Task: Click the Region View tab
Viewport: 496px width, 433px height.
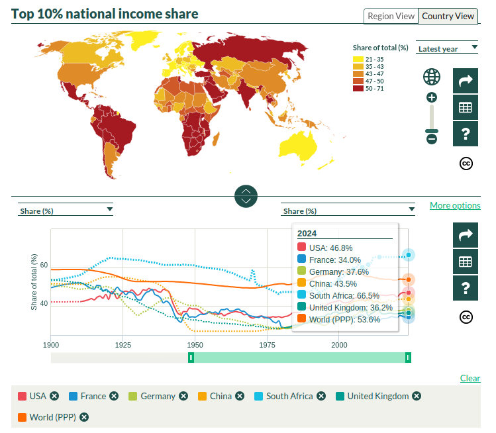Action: click(391, 16)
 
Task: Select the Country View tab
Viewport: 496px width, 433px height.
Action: click(448, 16)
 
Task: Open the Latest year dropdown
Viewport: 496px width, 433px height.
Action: click(447, 48)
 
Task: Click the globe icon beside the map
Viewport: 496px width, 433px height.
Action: click(432, 77)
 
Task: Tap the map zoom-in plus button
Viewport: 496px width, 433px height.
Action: click(432, 97)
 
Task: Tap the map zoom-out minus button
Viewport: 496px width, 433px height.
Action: click(432, 138)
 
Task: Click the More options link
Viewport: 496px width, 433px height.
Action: click(455, 205)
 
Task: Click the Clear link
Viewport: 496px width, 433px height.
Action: click(470, 378)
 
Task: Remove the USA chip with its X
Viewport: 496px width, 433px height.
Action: click(54, 396)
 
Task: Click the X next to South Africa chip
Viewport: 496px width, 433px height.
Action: click(321, 396)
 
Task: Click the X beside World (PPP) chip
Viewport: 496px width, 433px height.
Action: click(84, 417)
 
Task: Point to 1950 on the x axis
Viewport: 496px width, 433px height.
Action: click(195, 345)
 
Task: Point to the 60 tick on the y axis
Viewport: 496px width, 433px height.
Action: click(44, 265)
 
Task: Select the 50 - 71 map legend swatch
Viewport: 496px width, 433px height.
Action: click(358, 88)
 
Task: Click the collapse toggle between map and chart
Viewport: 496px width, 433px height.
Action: click(246, 196)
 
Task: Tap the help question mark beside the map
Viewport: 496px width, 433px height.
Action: click(466, 134)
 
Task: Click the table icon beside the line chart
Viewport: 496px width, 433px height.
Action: click(466, 262)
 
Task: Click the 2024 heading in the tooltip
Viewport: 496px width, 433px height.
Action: click(307, 233)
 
